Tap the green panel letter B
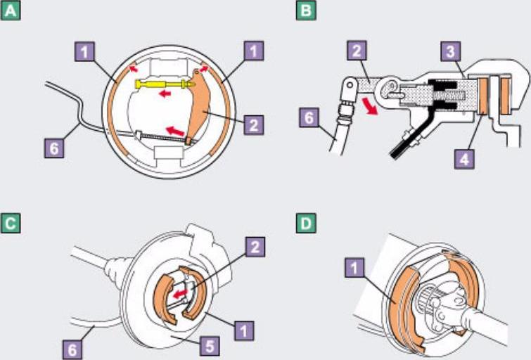[306, 11]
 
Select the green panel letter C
[11, 224]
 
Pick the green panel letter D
[306, 224]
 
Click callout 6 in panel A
[54, 148]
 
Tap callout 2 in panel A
[254, 125]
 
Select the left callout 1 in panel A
[84, 51]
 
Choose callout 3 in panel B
[451, 52]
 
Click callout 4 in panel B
[464, 158]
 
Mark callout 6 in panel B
[309, 117]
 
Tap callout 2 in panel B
[357, 51]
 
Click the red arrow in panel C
[180, 293]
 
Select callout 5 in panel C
[210, 346]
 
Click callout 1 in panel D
[354, 268]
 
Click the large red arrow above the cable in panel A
[174, 131]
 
